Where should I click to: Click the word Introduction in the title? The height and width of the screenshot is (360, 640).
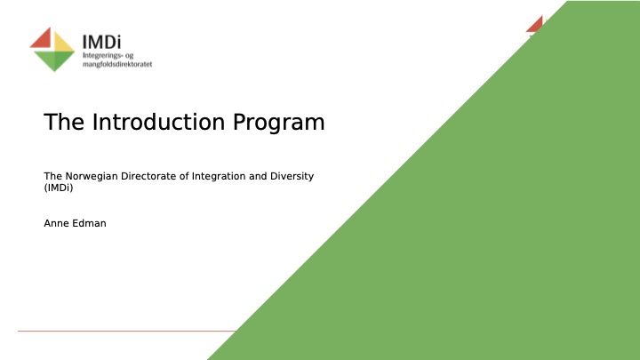click(158, 122)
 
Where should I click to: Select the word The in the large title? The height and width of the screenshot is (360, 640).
click(64, 122)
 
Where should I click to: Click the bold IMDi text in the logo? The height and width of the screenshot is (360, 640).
click(101, 42)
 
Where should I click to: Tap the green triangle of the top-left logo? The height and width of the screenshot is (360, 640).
click(54, 60)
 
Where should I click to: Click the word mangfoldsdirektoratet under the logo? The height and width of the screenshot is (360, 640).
click(117, 64)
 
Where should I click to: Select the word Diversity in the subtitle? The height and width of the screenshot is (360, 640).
click(292, 176)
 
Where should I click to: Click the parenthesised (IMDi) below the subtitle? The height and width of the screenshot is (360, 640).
click(59, 188)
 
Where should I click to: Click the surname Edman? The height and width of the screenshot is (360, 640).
click(90, 223)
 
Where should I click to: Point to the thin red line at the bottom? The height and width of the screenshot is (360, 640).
click(127, 331)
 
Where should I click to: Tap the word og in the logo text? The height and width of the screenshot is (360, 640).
click(130, 56)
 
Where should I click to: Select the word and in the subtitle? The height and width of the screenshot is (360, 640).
click(258, 176)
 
